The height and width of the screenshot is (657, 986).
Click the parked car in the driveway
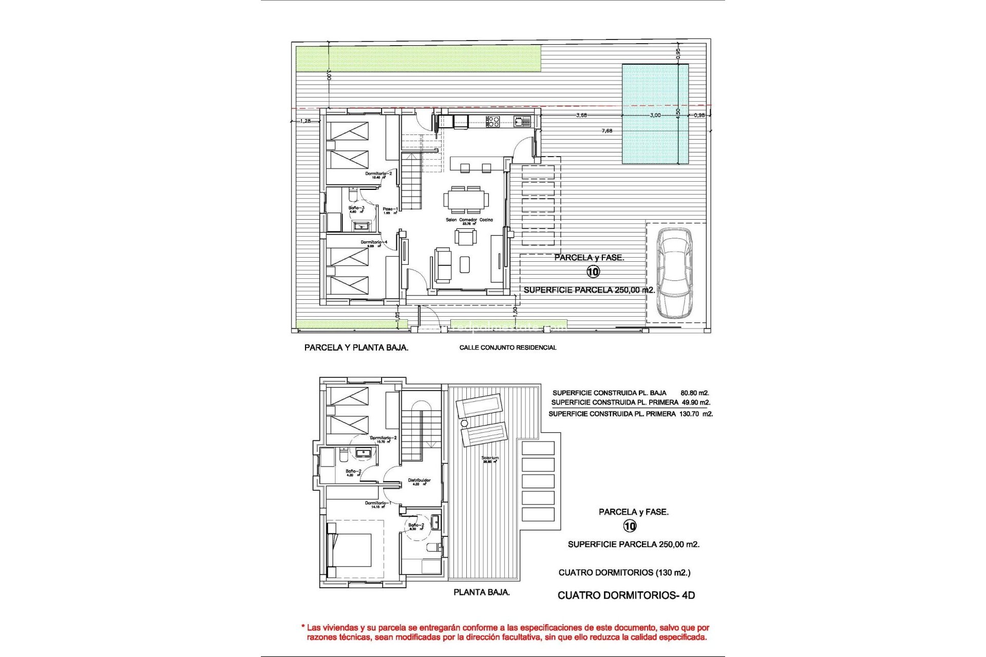click(675, 273)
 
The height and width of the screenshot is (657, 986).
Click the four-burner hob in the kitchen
click(493, 122)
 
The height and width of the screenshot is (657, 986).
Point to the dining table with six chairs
click(466, 200)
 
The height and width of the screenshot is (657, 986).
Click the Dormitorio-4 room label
click(373, 242)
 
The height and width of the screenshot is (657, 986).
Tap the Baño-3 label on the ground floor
click(356, 208)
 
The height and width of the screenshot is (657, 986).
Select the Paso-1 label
click(390, 209)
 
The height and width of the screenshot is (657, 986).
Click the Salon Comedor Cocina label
click(469, 220)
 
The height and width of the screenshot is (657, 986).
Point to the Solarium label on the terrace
click(490, 458)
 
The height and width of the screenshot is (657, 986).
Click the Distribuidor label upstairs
click(419, 480)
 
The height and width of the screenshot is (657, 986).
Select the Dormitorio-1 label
click(377, 503)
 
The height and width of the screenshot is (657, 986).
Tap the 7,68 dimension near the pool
click(607, 131)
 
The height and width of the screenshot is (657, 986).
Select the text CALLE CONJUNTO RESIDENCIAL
click(507, 347)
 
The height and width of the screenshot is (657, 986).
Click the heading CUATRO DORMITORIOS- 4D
click(626, 595)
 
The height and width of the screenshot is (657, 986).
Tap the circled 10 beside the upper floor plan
click(630, 526)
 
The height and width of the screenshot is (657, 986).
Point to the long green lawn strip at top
click(419, 58)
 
